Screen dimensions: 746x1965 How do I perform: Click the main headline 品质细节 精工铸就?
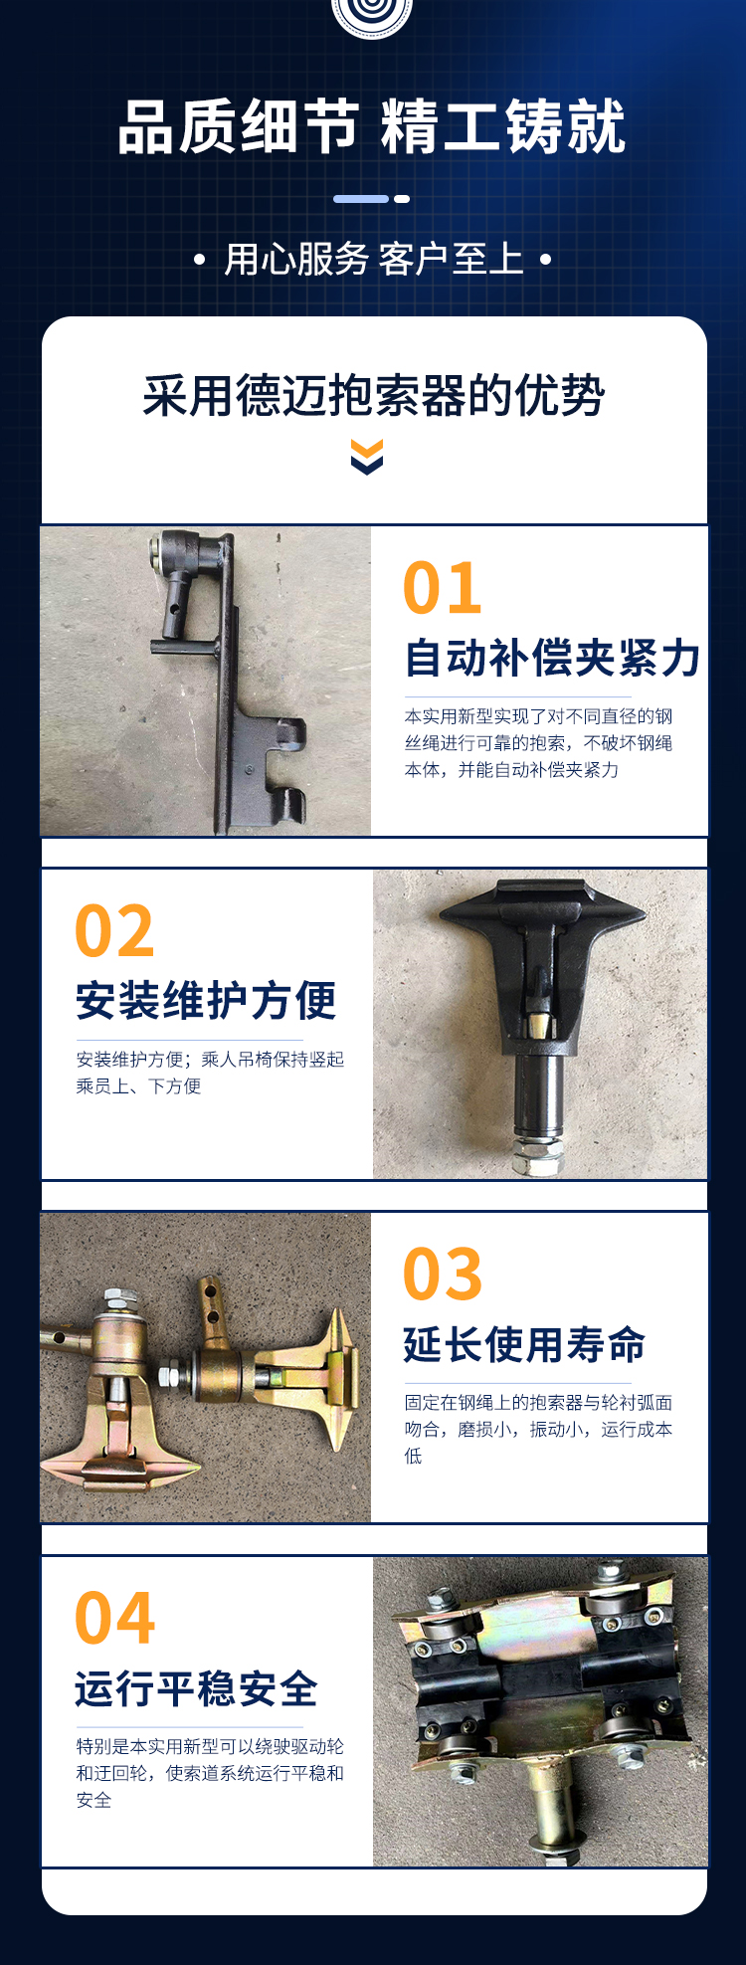tap(372, 127)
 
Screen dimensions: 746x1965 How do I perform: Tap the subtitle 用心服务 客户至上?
tap(373, 260)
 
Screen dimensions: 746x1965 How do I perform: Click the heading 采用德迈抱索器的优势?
tap(373, 396)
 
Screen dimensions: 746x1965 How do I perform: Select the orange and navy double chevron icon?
tap(367, 458)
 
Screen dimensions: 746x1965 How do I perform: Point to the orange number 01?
tap(443, 589)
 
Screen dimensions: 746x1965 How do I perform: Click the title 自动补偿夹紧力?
tap(552, 659)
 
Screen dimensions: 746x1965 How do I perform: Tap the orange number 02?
tap(114, 932)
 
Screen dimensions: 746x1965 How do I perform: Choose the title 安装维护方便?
tap(206, 1001)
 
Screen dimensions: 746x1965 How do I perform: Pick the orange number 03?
tap(443, 1275)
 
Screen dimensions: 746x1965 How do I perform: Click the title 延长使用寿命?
tap(524, 1344)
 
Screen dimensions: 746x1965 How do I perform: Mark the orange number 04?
tap(115, 1619)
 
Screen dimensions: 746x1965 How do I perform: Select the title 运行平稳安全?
tap(196, 1688)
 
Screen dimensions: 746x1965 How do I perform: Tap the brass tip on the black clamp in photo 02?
tap(538, 1024)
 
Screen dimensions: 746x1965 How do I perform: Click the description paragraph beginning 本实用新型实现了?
tap(538, 743)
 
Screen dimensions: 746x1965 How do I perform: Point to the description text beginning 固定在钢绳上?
tap(538, 1430)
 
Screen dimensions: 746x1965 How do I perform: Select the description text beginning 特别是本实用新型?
tap(210, 1773)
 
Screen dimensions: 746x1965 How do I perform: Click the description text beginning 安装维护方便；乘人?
tap(210, 1073)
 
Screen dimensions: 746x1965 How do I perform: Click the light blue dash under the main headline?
tap(360, 199)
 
